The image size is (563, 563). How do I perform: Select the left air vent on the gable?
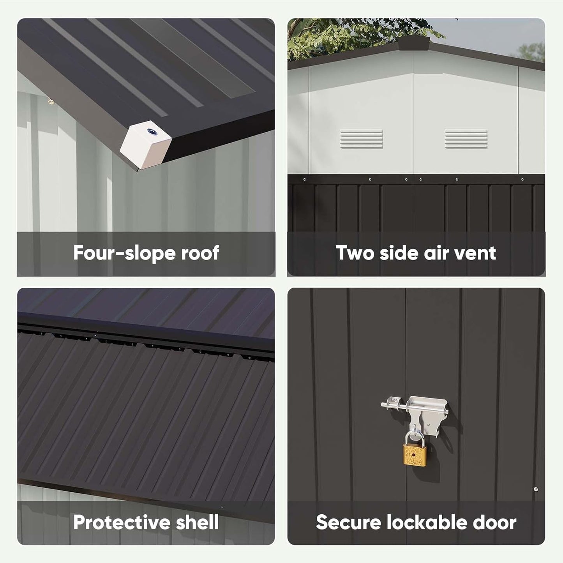[361, 139]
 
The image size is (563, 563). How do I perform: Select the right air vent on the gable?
[466, 139]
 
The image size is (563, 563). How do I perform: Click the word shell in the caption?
[197, 522]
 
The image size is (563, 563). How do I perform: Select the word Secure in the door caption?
[347, 522]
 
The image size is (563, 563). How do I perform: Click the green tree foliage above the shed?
[351, 35]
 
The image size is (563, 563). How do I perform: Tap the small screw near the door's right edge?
[536, 489]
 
